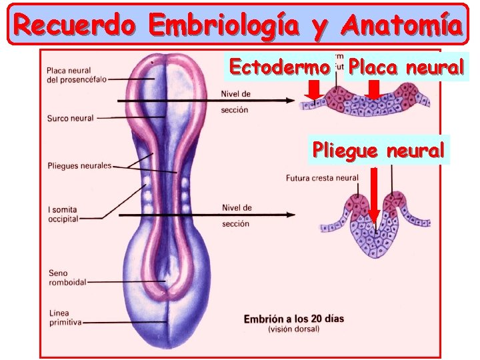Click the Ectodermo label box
(279, 67)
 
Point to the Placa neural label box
(407, 67)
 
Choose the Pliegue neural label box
(378, 150)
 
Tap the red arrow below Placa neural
(373, 90)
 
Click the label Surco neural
(70, 119)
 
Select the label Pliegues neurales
(79, 165)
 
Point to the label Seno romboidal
(67, 277)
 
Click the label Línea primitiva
(65, 317)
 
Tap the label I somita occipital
(63, 214)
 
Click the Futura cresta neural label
(322, 178)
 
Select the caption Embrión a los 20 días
(294, 318)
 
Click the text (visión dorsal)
(294, 329)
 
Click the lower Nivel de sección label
(236, 215)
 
